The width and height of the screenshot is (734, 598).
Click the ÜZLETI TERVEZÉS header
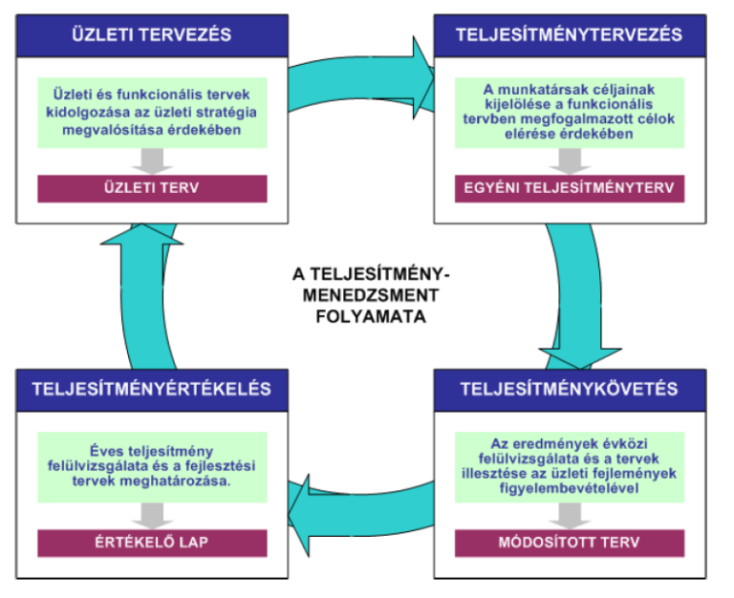[152, 35]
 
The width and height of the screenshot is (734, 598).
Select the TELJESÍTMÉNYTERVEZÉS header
[570, 35]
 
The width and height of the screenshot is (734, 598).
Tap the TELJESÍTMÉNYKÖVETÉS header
[570, 390]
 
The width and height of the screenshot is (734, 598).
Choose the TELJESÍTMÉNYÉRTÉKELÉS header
[152, 390]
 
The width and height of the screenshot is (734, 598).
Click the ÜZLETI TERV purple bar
[152, 188]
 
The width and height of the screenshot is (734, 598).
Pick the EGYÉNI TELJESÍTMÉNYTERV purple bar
[570, 188]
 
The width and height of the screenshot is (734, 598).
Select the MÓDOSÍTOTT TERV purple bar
[570, 543]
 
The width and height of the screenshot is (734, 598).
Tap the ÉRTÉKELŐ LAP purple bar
[152, 543]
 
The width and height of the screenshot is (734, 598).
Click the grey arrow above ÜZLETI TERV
[152, 161]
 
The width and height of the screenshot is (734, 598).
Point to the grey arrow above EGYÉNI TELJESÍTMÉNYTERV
[570, 161]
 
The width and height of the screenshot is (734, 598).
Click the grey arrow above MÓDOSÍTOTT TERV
[570, 516]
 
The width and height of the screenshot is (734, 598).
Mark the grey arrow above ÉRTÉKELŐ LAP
[152, 516]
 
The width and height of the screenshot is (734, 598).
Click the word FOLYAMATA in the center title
[371, 317]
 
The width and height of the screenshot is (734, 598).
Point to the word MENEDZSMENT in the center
[371, 295]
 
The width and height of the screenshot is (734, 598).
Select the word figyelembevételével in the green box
[570, 488]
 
